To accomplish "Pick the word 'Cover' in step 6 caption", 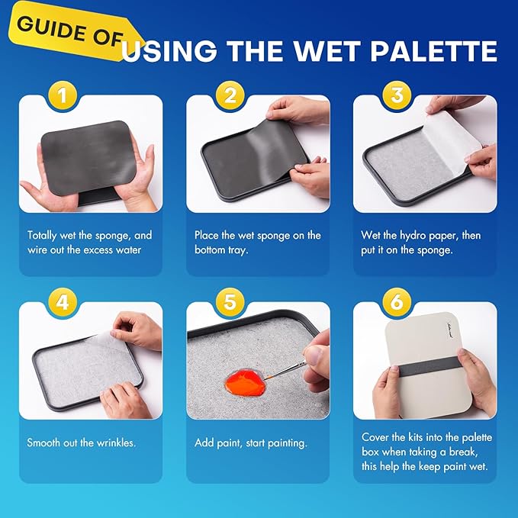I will [x=375, y=437].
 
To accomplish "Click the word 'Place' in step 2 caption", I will [x=208, y=235].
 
